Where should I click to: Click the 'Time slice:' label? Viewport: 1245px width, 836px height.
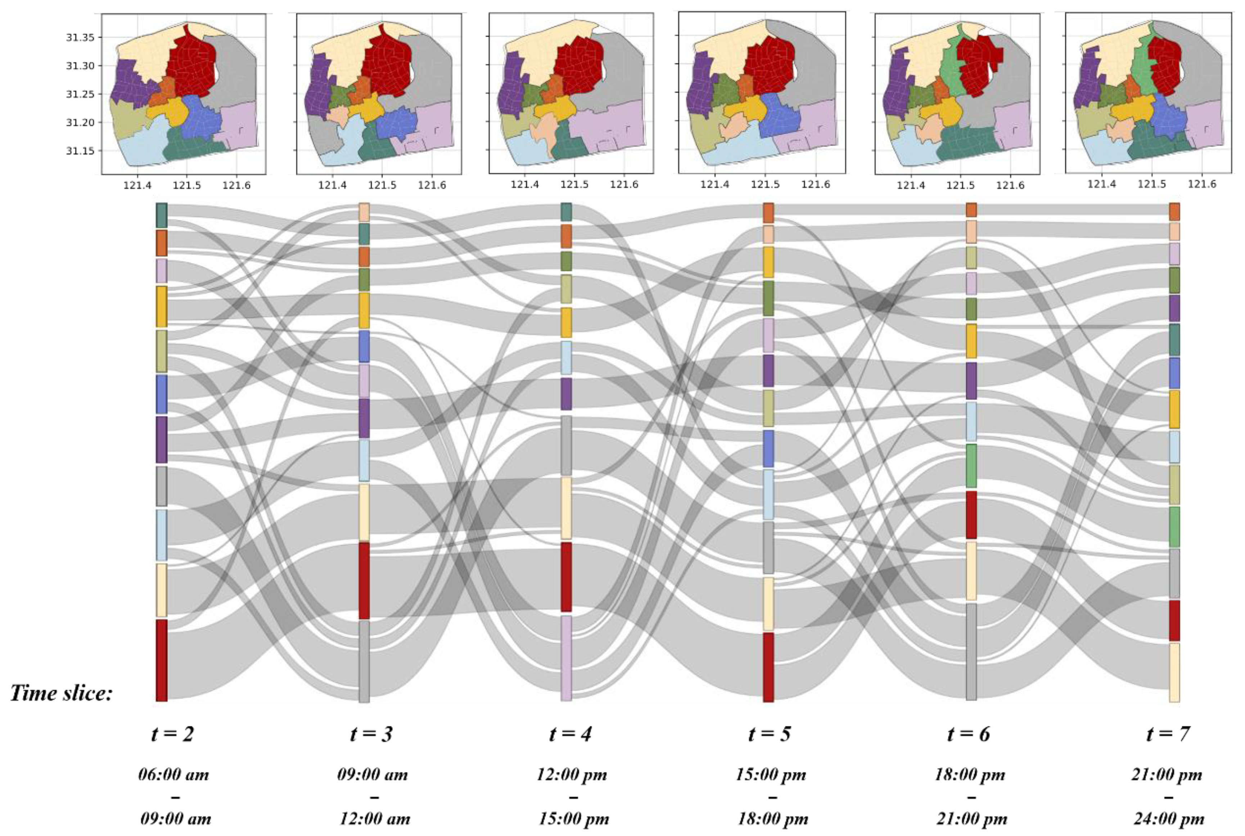pos(61,693)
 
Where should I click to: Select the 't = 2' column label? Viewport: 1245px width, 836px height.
pos(172,734)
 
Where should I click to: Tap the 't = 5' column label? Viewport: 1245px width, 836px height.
pos(770,734)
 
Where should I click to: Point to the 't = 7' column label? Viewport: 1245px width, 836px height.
pos(1168,734)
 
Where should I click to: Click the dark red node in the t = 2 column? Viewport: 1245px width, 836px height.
pos(162,660)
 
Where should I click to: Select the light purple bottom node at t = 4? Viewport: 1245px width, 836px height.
pos(566,659)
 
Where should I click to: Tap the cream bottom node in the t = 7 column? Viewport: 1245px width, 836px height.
pos(1174,672)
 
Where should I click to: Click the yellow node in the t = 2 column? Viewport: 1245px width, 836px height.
pos(162,307)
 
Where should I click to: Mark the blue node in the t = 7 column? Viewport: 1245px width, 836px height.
pos(1174,373)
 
